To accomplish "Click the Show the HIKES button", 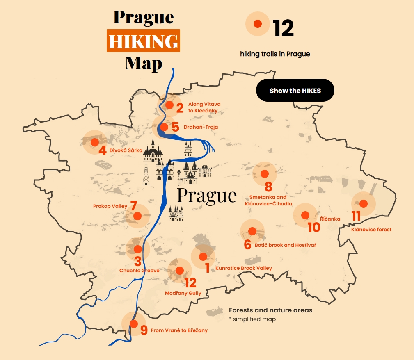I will click(295, 91).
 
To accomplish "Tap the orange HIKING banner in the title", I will click(144, 41).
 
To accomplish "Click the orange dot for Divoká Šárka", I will click(95, 142).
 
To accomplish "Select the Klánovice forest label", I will click(371, 230).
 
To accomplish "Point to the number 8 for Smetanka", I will click(268, 187).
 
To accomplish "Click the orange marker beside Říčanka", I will click(305, 215).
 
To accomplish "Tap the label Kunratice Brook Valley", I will click(243, 268).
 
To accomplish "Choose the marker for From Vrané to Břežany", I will click(134, 324).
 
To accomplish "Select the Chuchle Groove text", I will click(139, 271).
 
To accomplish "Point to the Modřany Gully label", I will click(183, 293).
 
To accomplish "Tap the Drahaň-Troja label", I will click(201, 127).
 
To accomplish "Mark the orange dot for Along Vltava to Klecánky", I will click(169, 105).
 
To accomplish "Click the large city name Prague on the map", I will click(207, 196).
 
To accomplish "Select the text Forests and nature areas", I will click(270, 310).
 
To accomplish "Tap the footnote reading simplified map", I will click(254, 319).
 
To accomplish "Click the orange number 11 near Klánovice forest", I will click(356, 216).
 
